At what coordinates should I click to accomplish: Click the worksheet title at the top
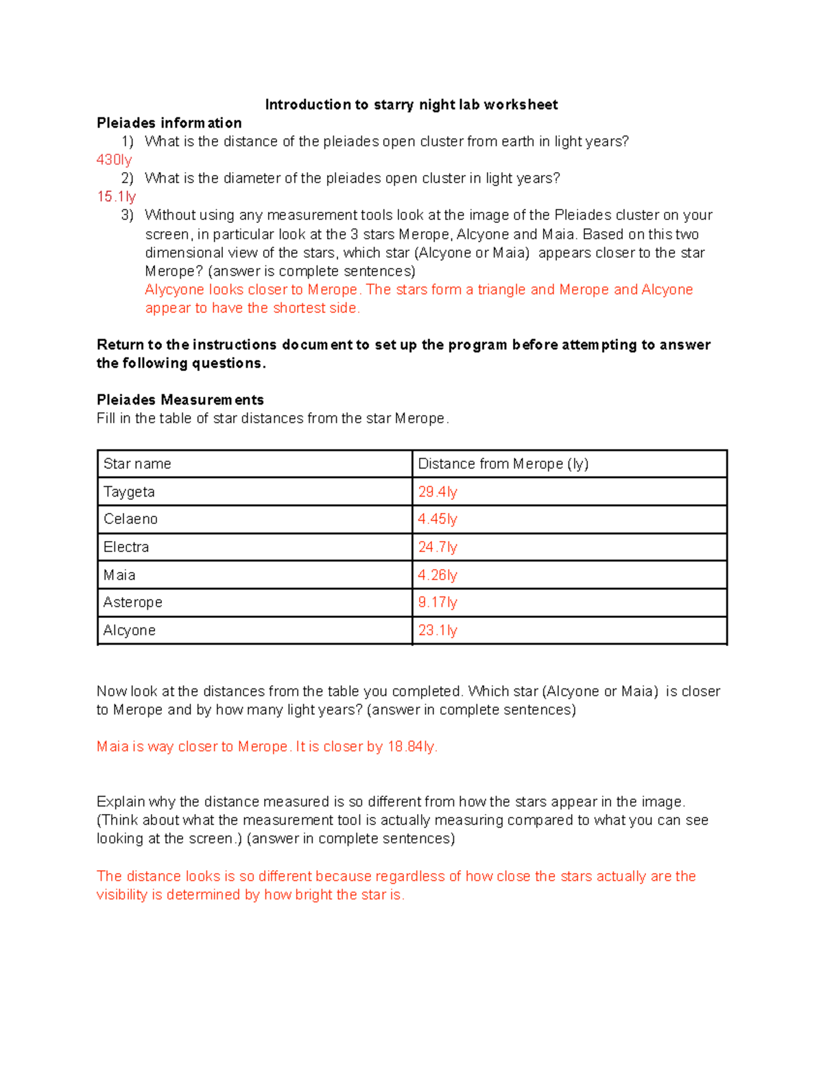pos(411,104)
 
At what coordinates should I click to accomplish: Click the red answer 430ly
pos(114,160)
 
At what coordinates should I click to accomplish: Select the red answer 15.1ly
pos(116,197)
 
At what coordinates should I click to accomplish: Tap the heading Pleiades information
pos(169,123)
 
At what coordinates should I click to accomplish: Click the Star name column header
pos(137,464)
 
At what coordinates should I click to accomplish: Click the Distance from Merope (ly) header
pos(503,464)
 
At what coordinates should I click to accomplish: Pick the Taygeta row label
pos(129,492)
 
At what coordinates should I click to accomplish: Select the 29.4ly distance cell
pos(437,492)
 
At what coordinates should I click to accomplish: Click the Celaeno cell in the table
pos(130,519)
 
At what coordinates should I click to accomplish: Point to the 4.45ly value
pos(437,519)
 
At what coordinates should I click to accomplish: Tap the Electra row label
pos(126,547)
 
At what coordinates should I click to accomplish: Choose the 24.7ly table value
pos(437,547)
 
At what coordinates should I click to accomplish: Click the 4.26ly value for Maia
pos(437,575)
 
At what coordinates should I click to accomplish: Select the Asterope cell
pos(133,602)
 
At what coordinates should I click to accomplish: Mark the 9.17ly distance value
pos(437,602)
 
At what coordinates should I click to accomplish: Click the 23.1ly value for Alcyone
pos(437,630)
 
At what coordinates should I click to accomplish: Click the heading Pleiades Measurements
pos(180,400)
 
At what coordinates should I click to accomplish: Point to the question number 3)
pos(127,215)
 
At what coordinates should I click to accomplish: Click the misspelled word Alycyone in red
pos(175,289)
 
